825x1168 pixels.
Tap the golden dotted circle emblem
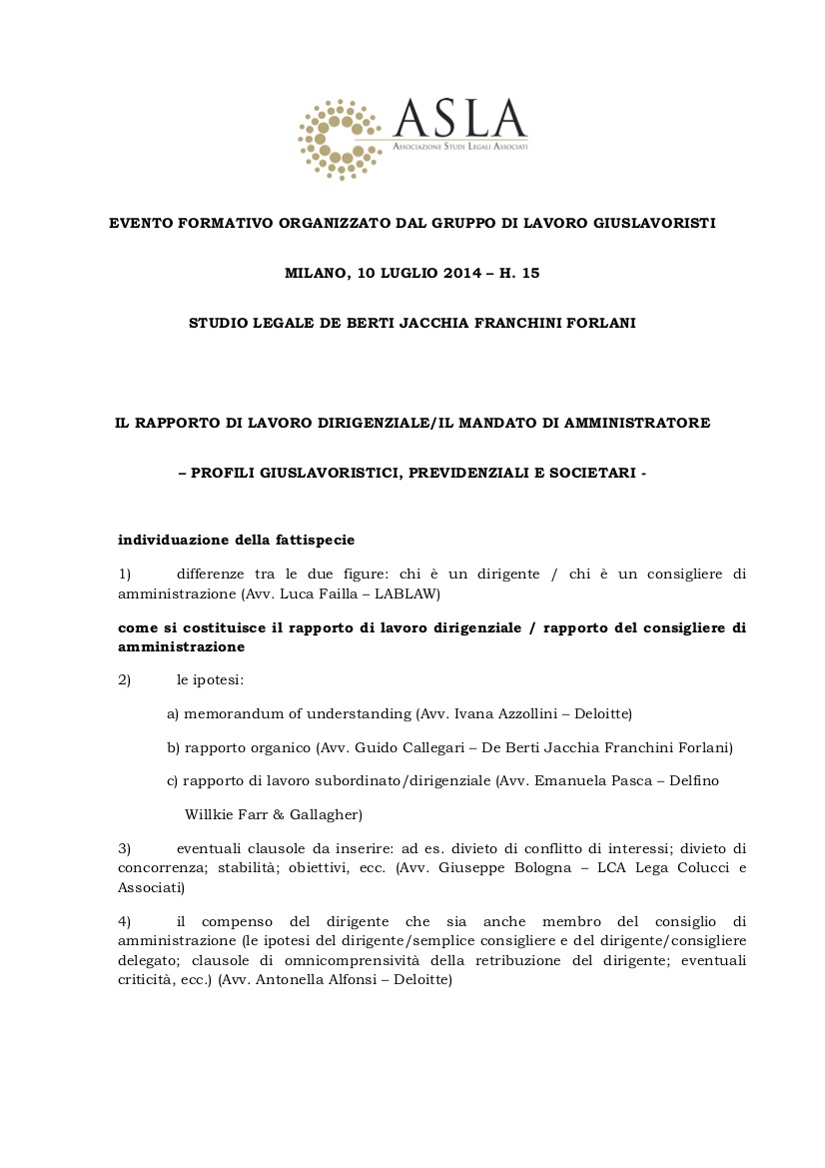[x=341, y=139]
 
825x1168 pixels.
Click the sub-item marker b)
[x=174, y=747]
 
